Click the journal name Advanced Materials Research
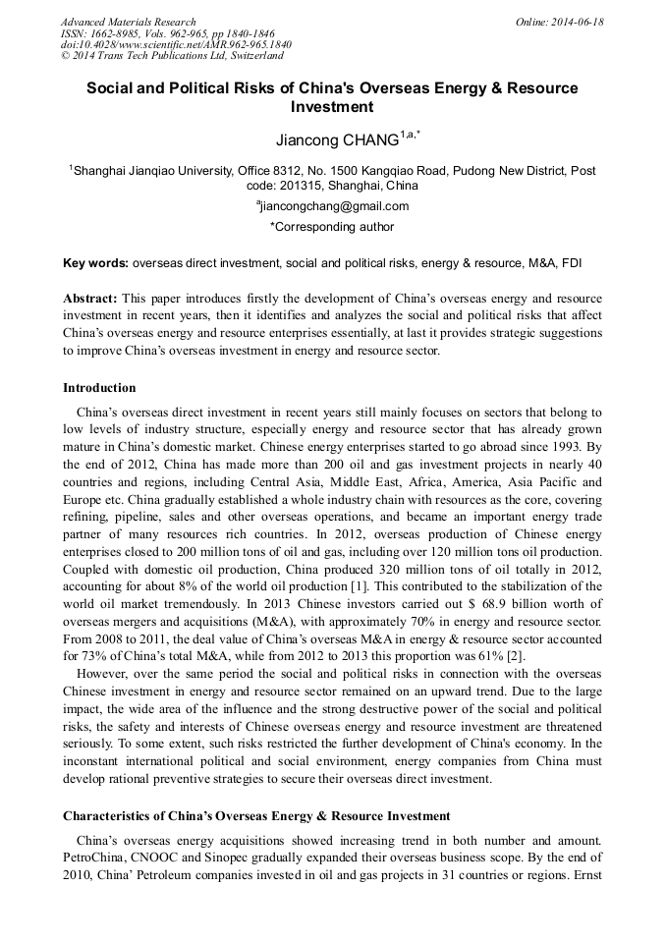128,22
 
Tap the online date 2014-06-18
583,22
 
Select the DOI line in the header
176,44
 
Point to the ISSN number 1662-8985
116,33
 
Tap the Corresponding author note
332,227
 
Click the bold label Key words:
95,263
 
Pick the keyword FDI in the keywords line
573,263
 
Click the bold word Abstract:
90,298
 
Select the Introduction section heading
99,388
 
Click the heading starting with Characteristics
256,815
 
